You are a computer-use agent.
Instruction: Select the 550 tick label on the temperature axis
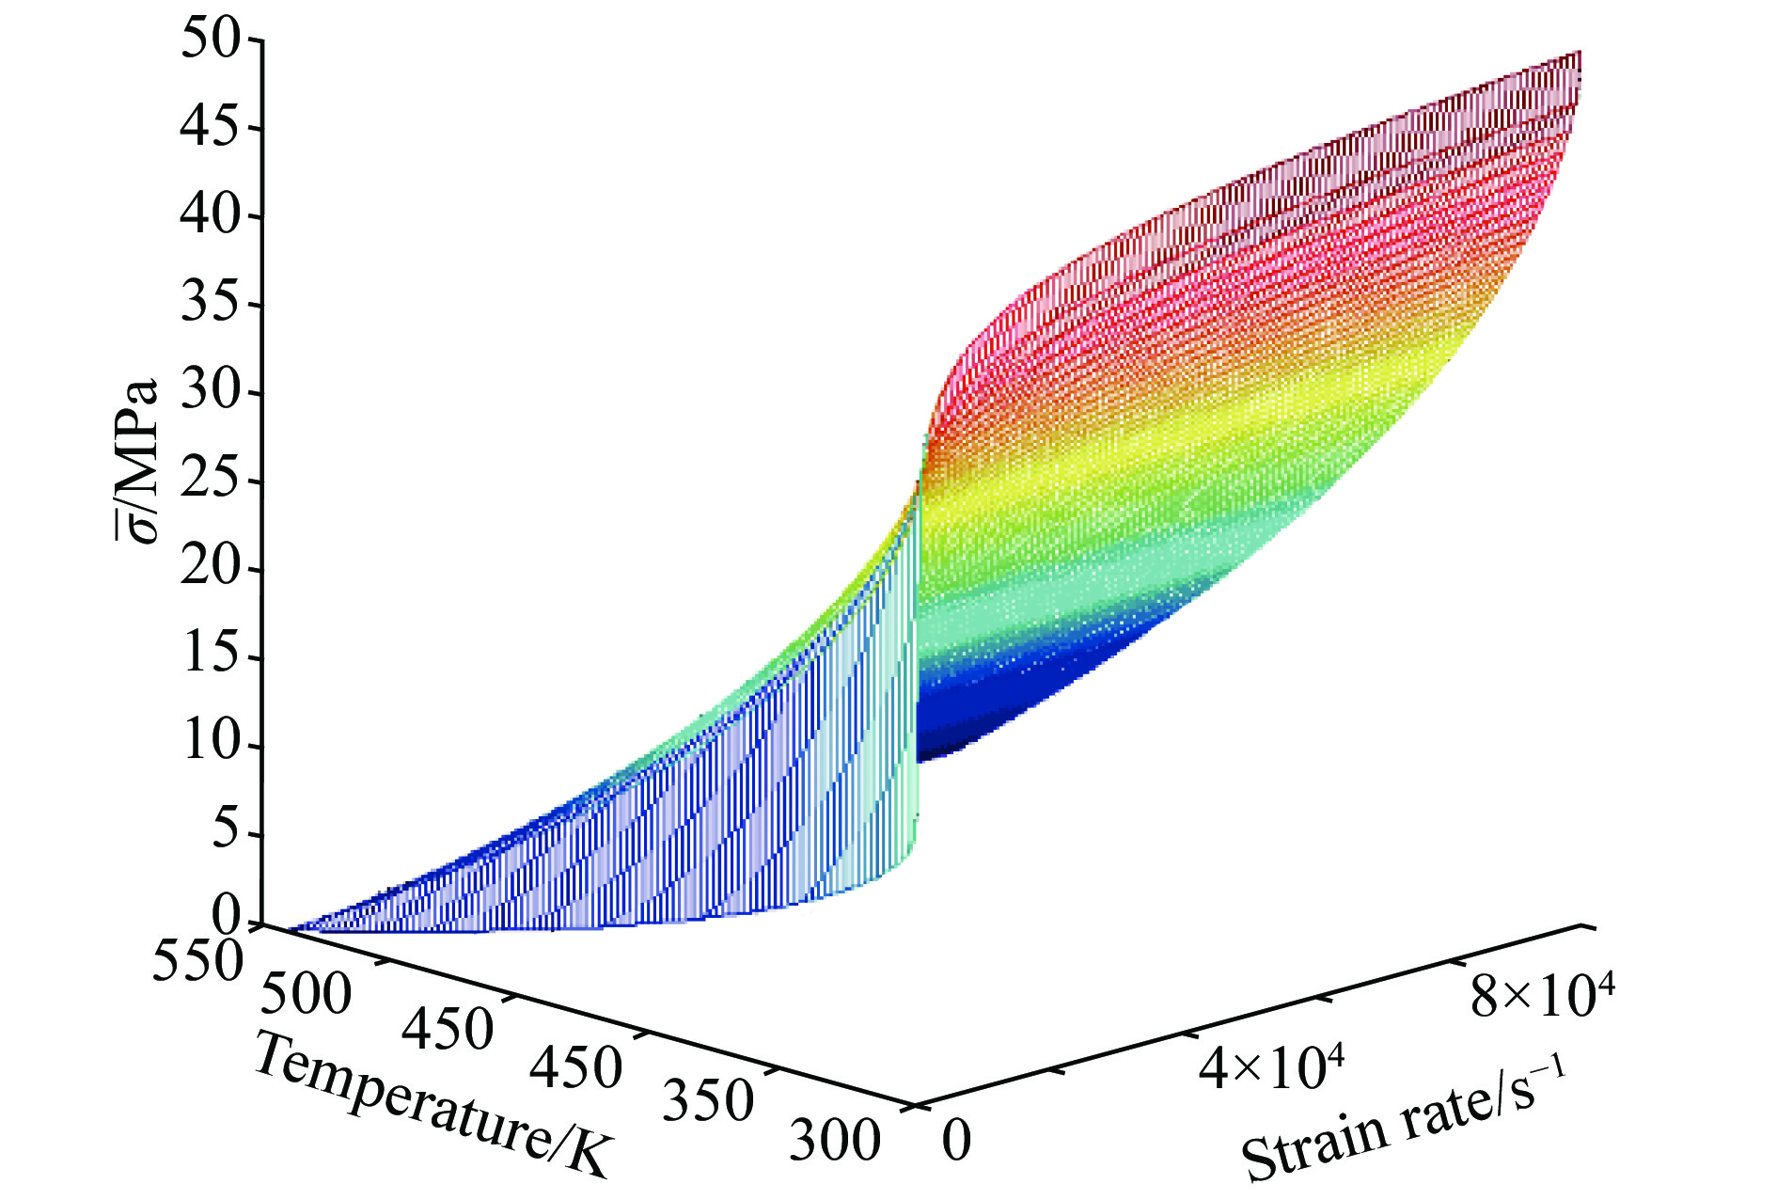(197, 963)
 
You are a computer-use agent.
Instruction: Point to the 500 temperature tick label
(307, 994)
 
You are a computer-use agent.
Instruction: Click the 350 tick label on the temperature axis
(708, 1101)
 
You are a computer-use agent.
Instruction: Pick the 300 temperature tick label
(834, 1141)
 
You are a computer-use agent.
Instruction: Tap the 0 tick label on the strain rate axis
(956, 1141)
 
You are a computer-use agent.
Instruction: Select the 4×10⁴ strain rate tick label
(1270, 1066)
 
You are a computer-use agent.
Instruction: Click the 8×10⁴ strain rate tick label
(1543, 997)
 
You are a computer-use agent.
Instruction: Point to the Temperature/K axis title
(433, 1106)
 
